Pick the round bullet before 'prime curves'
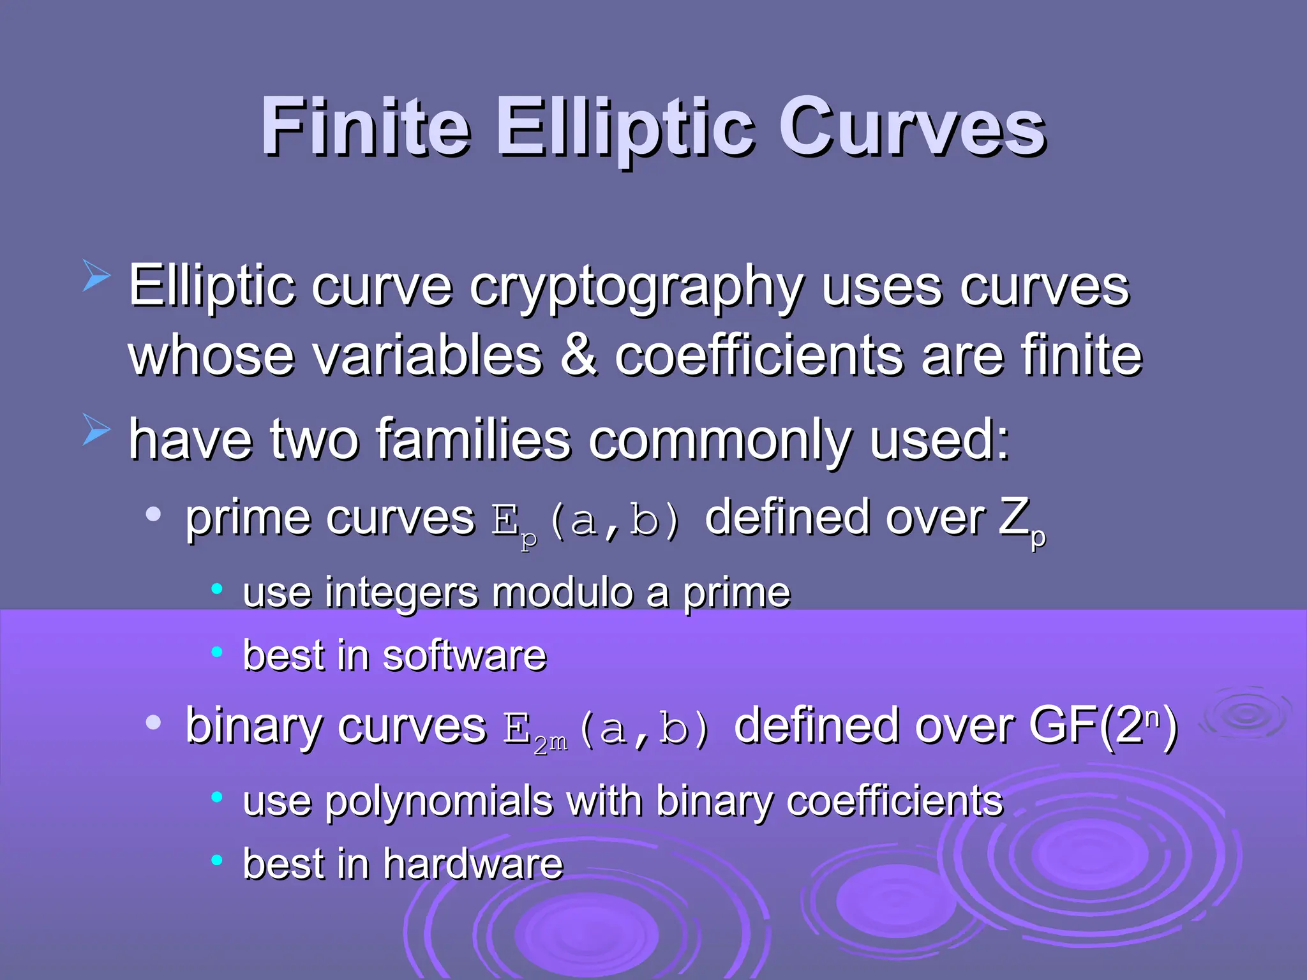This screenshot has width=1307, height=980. (x=153, y=514)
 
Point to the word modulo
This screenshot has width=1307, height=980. (x=562, y=593)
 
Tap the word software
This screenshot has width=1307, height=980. (x=464, y=655)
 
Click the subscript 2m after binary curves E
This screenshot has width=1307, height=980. (x=550, y=743)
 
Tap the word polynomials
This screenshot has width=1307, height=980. (x=438, y=801)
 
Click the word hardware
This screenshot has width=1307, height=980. (x=473, y=863)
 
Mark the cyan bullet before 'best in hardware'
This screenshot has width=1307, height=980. (x=217, y=860)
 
